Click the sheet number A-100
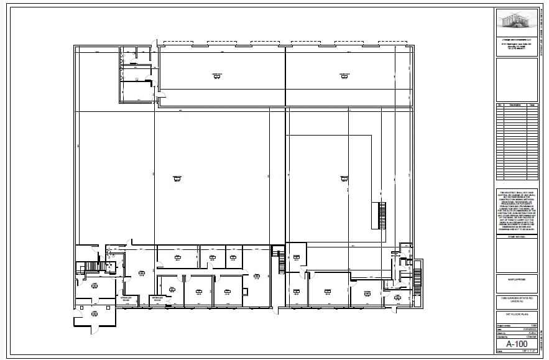coord(517,344)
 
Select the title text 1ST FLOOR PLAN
coord(517,315)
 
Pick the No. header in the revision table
coord(500,105)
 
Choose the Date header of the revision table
coord(532,105)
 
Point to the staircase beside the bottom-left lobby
coord(91,267)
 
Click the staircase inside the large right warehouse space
coord(382,215)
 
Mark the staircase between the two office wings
coord(279,259)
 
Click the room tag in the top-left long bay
coord(216,75)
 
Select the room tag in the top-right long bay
coord(343,75)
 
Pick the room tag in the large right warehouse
coord(344,178)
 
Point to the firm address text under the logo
coord(517,46)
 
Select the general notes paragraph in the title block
coord(517,211)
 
